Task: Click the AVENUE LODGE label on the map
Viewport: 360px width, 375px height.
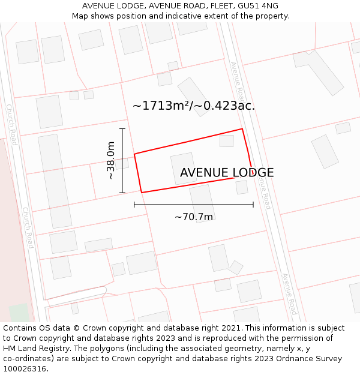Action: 227,173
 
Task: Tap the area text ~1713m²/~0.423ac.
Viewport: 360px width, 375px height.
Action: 194,106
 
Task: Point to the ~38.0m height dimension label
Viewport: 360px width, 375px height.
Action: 111,160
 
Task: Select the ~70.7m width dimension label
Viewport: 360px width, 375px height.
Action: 194,217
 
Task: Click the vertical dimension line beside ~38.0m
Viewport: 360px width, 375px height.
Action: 122,160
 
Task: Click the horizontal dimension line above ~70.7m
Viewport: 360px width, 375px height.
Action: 194,205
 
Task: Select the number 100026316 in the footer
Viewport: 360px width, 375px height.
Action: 26,368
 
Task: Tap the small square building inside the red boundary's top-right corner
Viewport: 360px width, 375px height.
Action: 226,141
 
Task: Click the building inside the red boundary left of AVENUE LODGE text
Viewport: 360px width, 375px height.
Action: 184,169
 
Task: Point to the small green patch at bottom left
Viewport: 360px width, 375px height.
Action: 19,313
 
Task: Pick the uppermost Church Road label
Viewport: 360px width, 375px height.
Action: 11,124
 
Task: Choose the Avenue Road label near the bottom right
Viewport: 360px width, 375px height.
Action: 289,294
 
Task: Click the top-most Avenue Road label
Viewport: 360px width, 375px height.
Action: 238,81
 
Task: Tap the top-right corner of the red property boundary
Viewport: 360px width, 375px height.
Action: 242,129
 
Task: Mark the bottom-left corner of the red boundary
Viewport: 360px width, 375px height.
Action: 142,192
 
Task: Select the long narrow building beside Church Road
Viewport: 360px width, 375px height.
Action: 55,181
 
